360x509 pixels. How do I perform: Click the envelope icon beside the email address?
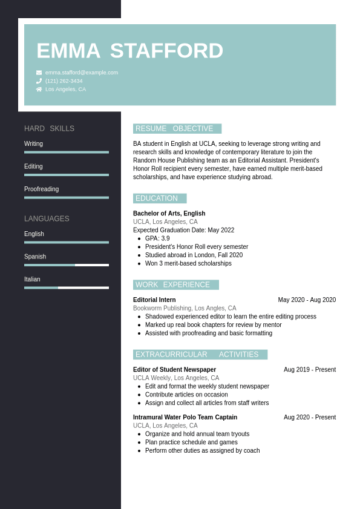click(x=39, y=73)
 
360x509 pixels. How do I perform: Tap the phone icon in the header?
click(x=39, y=81)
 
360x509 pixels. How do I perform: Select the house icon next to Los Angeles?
click(x=39, y=90)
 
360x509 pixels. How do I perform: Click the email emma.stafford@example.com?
click(x=82, y=73)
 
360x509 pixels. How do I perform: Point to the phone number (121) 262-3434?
click(x=64, y=81)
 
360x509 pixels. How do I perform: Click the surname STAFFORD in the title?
click(x=166, y=51)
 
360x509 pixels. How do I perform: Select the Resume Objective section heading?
click(x=177, y=129)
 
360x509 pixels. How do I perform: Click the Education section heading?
click(x=159, y=199)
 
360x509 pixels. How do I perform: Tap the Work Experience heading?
click(x=175, y=285)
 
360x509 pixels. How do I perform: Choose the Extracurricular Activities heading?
click(x=200, y=355)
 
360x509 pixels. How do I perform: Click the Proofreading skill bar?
click(x=67, y=197)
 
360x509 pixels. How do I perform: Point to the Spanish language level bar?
click(x=67, y=265)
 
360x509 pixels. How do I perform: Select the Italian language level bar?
click(x=67, y=287)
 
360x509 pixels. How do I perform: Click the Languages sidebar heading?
click(x=47, y=218)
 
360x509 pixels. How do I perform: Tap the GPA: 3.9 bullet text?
click(x=157, y=238)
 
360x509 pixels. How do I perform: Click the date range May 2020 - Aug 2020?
click(x=307, y=300)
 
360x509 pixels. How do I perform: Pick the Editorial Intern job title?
click(x=154, y=300)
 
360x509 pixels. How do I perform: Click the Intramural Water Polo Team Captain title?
click(x=185, y=418)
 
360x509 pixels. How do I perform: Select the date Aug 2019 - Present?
click(x=310, y=370)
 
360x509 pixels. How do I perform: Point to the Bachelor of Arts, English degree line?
click(x=169, y=214)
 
